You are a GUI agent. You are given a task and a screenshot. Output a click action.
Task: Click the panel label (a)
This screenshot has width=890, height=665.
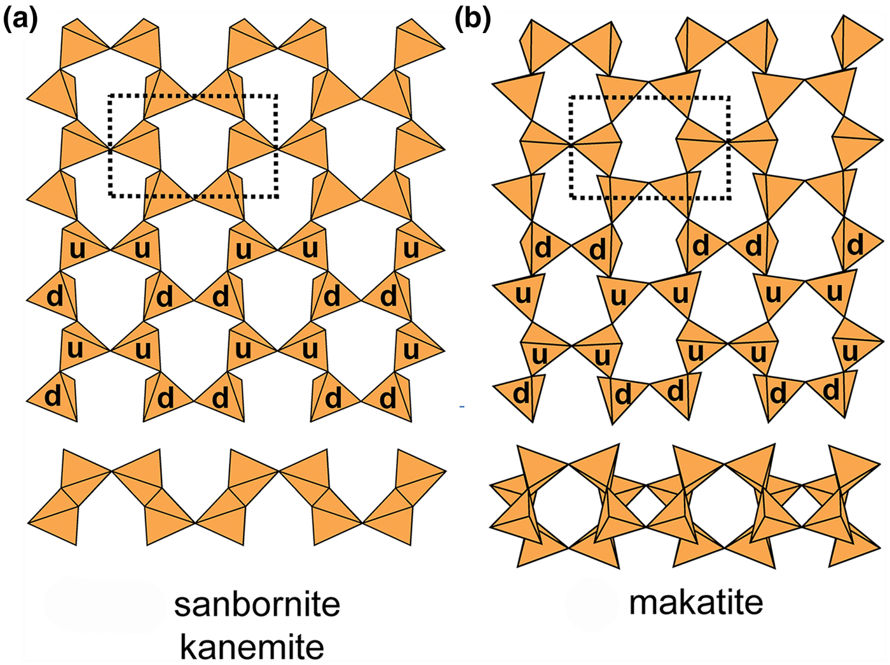pyautogui.click(x=20, y=20)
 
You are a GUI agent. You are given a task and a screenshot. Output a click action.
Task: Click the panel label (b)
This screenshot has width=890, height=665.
pyautogui.click(x=473, y=20)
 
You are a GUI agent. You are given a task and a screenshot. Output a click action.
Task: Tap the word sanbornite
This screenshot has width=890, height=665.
pyautogui.click(x=257, y=605)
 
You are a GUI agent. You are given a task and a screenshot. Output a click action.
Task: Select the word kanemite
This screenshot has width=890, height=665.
pyautogui.click(x=252, y=647)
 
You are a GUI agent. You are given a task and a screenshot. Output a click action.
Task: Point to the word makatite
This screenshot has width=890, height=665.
pyautogui.click(x=696, y=601)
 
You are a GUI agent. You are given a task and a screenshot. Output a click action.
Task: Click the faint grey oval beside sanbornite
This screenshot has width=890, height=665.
pyautogui.click(x=105, y=605)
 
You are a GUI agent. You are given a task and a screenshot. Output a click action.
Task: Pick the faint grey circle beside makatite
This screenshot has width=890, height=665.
pyautogui.click(x=591, y=604)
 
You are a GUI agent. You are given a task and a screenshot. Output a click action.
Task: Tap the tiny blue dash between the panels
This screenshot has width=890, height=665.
pyautogui.click(x=462, y=406)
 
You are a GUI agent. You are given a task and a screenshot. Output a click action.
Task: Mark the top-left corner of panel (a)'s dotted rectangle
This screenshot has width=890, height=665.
pyautogui.click(x=111, y=96)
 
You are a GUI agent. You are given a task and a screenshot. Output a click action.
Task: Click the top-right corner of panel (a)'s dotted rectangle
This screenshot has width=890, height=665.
pyautogui.click(x=277, y=96)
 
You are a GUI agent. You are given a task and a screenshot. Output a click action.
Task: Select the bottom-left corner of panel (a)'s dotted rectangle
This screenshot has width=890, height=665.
pyautogui.click(x=111, y=196)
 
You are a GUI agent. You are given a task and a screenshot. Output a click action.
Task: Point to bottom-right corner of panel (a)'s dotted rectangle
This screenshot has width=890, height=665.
pyautogui.click(x=277, y=196)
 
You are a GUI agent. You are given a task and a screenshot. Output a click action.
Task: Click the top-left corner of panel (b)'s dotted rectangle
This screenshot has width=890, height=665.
pyautogui.click(x=571, y=97)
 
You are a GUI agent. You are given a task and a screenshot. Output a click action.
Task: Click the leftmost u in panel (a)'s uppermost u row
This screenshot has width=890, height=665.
pyautogui.click(x=77, y=249)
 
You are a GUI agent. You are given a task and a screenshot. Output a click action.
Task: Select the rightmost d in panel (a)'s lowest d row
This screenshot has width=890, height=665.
pyautogui.click(x=388, y=399)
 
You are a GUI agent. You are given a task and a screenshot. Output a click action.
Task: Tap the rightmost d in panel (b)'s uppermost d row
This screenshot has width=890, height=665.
pyautogui.click(x=856, y=245)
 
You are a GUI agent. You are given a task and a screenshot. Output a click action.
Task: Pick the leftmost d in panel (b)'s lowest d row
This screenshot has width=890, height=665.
pyautogui.click(x=521, y=394)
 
